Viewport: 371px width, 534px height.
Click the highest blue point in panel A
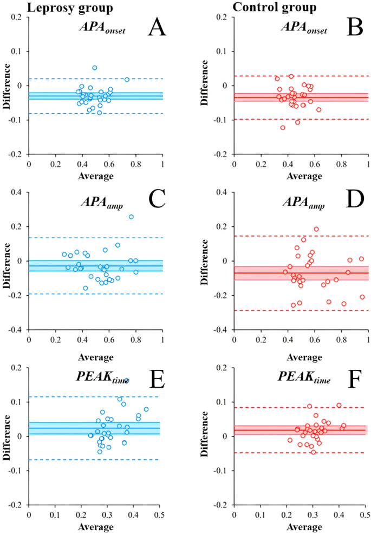coord(95,68)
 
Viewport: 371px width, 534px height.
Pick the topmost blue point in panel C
coord(131,217)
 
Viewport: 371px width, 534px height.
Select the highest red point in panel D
coord(316,229)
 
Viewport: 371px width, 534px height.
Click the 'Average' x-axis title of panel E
coord(95,526)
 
